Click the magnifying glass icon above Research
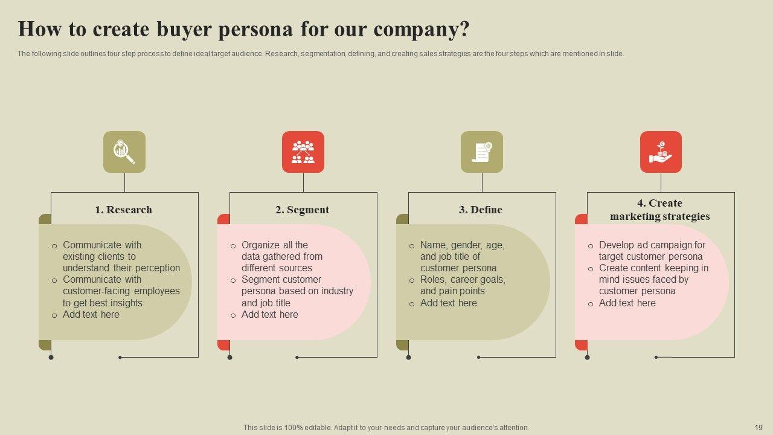124,152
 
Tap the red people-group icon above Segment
303,152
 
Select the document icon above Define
482,152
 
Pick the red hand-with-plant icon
661,152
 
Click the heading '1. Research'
123,210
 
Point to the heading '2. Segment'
302,210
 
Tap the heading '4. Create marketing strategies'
659,210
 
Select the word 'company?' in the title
420,29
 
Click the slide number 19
759,427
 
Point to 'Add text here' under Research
91,314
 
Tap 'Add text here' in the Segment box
270,314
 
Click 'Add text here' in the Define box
449,303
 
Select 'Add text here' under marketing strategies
627,303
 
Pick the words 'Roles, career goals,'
463,279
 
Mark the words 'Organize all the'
275,245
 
